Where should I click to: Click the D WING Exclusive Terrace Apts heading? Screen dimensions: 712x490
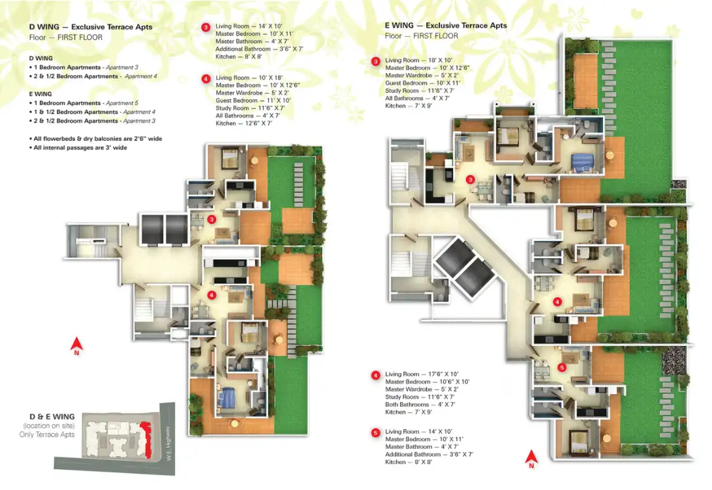[91, 27]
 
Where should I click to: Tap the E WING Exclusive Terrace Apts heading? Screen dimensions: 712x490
[446, 25]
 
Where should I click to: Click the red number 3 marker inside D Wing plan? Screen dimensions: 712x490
[211, 219]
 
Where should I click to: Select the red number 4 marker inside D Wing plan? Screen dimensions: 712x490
[211, 295]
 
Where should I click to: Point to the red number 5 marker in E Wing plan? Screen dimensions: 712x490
[562, 367]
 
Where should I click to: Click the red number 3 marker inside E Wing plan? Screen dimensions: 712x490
[471, 179]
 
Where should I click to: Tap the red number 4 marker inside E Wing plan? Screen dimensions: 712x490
[557, 301]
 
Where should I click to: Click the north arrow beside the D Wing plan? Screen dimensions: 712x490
[76, 346]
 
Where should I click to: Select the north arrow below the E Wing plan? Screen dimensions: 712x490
[531, 459]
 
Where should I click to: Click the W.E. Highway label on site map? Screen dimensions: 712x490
[168, 444]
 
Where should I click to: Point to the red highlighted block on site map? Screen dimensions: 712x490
[146, 438]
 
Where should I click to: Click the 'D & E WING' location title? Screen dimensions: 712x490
[52, 416]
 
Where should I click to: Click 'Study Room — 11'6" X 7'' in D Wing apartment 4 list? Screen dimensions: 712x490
[250, 108]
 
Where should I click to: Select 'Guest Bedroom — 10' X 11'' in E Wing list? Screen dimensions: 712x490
[422, 83]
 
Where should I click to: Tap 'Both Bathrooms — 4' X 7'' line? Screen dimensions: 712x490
[420, 405]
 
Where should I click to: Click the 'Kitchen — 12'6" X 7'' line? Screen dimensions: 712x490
[244, 123]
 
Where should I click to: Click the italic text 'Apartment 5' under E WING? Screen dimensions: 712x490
[122, 103]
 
